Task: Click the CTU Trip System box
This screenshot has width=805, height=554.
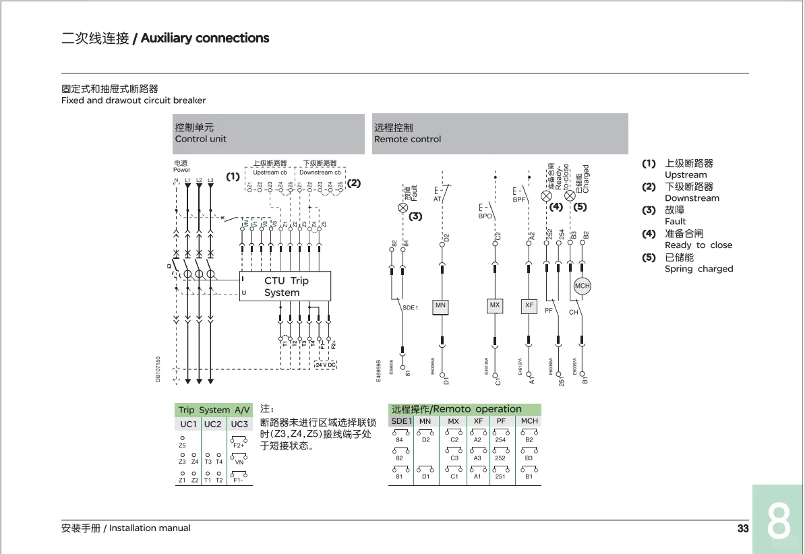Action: (x=285, y=286)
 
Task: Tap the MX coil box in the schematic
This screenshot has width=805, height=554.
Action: (x=495, y=306)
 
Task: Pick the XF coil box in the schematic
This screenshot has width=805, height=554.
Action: (x=529, y=306)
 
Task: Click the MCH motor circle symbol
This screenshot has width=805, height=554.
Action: (x=582, y=286)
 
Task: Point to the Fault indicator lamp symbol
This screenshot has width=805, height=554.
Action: (x=403, y=208)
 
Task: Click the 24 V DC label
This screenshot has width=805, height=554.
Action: (x=326, y=365)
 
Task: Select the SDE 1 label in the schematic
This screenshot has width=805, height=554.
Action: (x=411, y=308)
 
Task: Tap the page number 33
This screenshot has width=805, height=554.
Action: (x=743, y=528)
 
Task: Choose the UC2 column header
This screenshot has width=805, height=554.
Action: (x=212, y=424)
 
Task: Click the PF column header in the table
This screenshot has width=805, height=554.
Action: (x=501, y=421)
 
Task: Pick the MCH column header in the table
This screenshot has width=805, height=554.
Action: (x=529, y=421)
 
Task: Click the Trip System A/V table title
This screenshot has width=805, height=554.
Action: (x=214, y=410)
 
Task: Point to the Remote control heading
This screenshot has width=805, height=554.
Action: (x=407, y=139)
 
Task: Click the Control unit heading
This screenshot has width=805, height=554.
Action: (x=201, y=139)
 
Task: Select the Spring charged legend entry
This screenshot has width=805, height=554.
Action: (x=698, y=269)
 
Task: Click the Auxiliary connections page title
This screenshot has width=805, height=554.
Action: (x=205, y=38)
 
